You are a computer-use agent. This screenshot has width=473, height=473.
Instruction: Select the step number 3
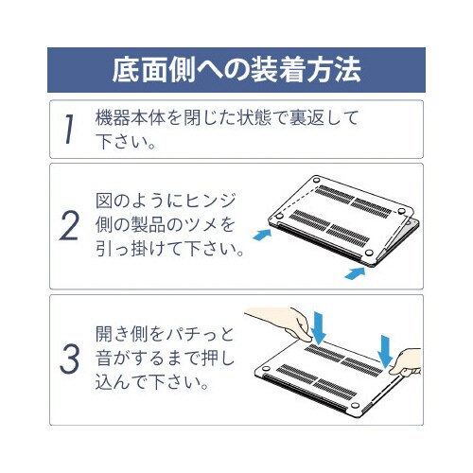coord(70,359)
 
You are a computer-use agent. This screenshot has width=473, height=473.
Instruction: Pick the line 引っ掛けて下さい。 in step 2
coord(171,252)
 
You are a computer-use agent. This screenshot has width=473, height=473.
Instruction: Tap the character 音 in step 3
coord(107,359)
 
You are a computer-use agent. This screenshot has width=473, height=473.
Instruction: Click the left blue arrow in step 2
coord(263,231)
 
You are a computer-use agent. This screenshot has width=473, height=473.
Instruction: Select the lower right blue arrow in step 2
coord(353,272)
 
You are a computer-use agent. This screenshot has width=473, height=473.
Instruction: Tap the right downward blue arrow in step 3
coord(385,346)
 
